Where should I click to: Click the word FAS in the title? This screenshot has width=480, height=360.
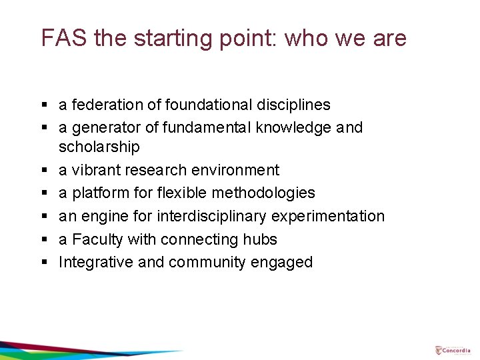click(x=65, y=38)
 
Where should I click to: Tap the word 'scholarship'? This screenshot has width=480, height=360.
click(x=99, y=147)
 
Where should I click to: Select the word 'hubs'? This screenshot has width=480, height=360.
click(x=261, y=239)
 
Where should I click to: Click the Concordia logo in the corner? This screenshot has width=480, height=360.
click(x=453, y=350)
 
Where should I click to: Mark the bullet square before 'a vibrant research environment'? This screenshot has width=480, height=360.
click(x=44, y=171)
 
